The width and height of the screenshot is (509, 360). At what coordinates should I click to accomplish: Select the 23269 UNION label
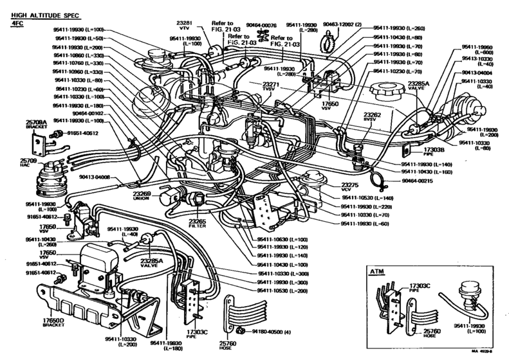[x=160, y=196]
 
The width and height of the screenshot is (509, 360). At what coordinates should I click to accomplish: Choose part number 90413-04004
[x=478, y=73]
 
